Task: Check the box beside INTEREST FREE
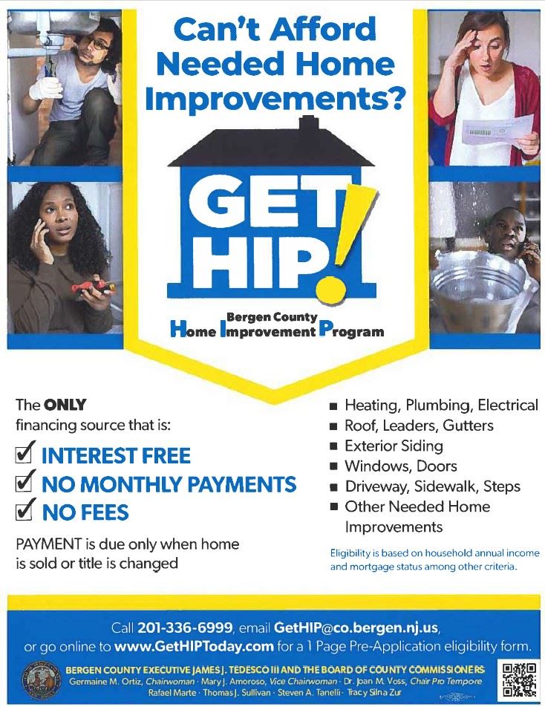(25, 454)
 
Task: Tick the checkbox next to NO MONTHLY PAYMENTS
(25, 483)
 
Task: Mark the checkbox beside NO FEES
(25, 512)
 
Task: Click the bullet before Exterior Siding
(334, 446)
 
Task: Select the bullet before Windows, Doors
(334, 466)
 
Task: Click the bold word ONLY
(65, 405)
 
